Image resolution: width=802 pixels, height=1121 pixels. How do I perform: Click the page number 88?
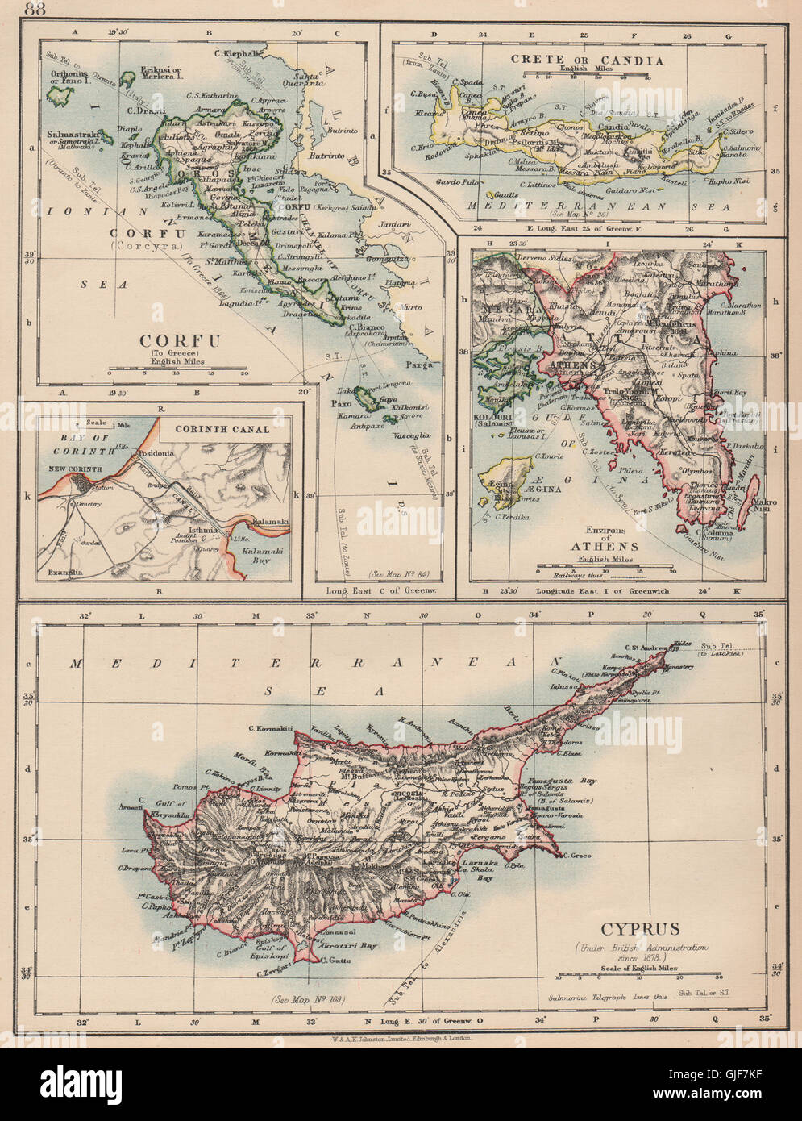click(35, 10)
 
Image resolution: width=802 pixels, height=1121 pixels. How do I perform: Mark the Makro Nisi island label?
click(763, 508)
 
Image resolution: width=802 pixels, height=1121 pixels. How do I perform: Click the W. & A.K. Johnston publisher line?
click(401, 1041)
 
